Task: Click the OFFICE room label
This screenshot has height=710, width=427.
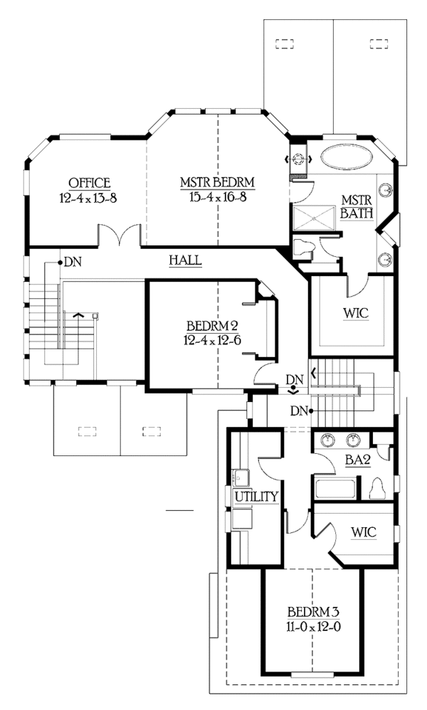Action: tap(89, 182)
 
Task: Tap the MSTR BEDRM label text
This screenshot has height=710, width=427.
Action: tap(217, 183)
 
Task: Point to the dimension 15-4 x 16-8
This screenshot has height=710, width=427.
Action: tap(217, 197)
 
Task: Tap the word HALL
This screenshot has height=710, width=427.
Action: tap(185, 260)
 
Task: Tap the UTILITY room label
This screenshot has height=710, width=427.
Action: tap(255, 496)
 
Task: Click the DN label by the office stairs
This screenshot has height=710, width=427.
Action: tap(73, 262)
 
